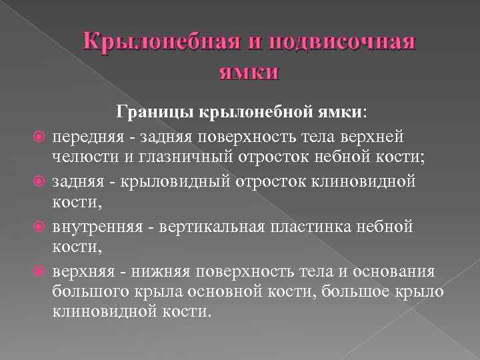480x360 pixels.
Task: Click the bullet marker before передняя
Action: tap(39, 137)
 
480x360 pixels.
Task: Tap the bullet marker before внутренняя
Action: tap(39, 227)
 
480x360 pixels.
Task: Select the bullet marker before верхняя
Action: tap(39, 271)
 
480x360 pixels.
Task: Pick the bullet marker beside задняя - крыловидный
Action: tap(39, 182)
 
